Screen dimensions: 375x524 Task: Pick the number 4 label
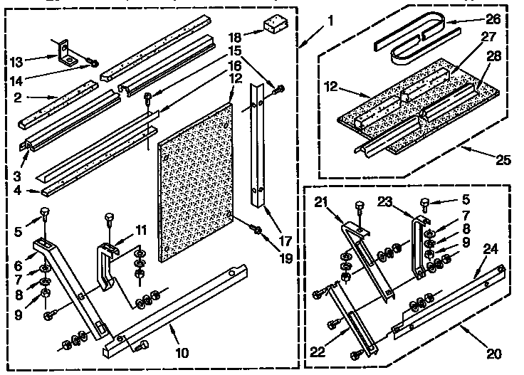[x=23, y=191]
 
